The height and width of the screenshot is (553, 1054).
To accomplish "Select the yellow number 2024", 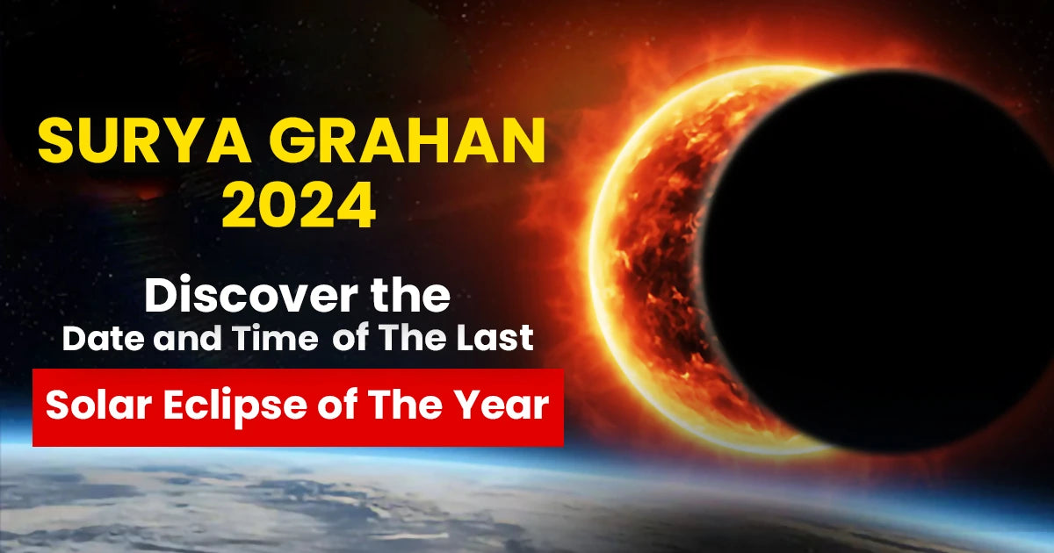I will click(x=298, y=210).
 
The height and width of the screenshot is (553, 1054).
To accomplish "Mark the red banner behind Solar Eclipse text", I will click(x=298, y=436).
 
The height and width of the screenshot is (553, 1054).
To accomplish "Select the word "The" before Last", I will click(x=422, y=339).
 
